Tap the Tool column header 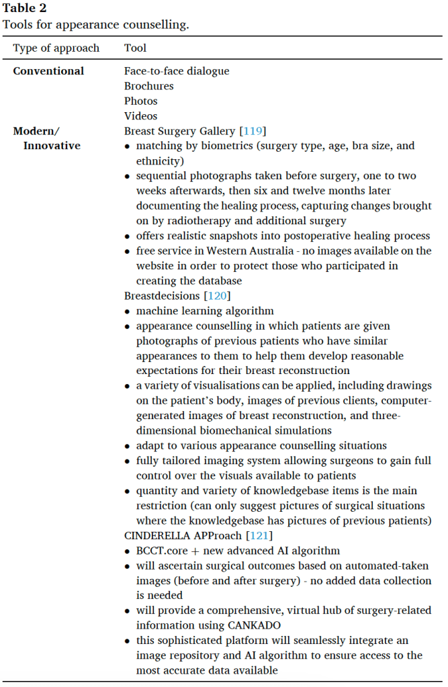pyautogui.click(x=135, y=48)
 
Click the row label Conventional pyautogui.click(x=48, y=71)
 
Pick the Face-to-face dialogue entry pyautogui.click(x=177, y=71)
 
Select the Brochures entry pyautogui.click(x=148, y=86)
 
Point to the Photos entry pyautogui.click(x=141, y=101)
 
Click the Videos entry pyautogui.click(x=140, y=116)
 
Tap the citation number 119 pyautogui.click(x=252, y=131)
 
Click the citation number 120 pyautogui.click(x=214, y=295)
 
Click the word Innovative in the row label pyautogui.click(x=52, y=146)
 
